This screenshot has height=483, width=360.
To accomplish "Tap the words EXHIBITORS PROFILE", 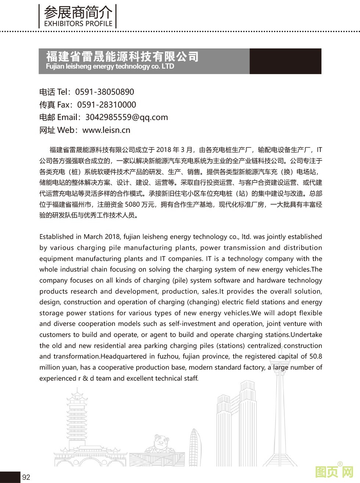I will click(78, 24).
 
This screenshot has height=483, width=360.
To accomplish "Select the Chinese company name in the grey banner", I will click(122, 57).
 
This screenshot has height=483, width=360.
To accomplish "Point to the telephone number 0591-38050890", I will click(104, 92).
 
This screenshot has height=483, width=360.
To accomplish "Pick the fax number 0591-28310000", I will click(106, 105).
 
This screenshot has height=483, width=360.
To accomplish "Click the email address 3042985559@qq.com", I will click(126, 117).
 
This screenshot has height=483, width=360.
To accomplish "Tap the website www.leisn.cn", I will click(106, 130).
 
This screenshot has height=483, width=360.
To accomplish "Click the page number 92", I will click(26, 477).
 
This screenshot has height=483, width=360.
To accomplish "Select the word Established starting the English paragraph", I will click(57, 237).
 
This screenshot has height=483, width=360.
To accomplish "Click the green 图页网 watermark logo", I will click(334, 471).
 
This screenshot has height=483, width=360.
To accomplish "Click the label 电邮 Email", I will click(59, 117).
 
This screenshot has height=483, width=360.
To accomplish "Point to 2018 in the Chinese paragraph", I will click(164, 150).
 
